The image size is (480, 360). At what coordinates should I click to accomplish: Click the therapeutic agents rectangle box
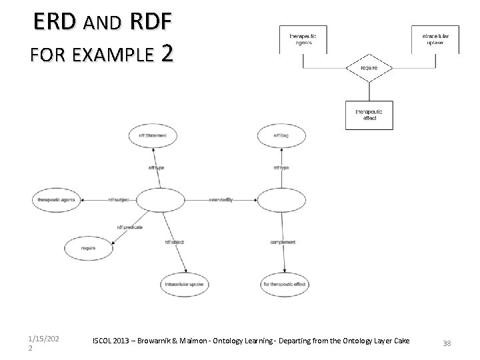[303, 39]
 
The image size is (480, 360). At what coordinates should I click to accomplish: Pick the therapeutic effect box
[368, 114]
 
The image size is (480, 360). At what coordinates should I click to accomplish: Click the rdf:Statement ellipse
[153, 136]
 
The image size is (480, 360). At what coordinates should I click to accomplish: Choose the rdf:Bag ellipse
[281, 136]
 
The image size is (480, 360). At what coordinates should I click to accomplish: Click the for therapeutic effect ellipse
[285, 284]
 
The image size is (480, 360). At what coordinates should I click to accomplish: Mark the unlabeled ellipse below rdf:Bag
[281, 199]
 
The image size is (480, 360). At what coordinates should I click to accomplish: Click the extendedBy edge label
[220, 199]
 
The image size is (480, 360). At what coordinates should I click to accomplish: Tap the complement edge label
[283, 242]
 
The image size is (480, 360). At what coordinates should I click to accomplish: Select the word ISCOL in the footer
[105, 341]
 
